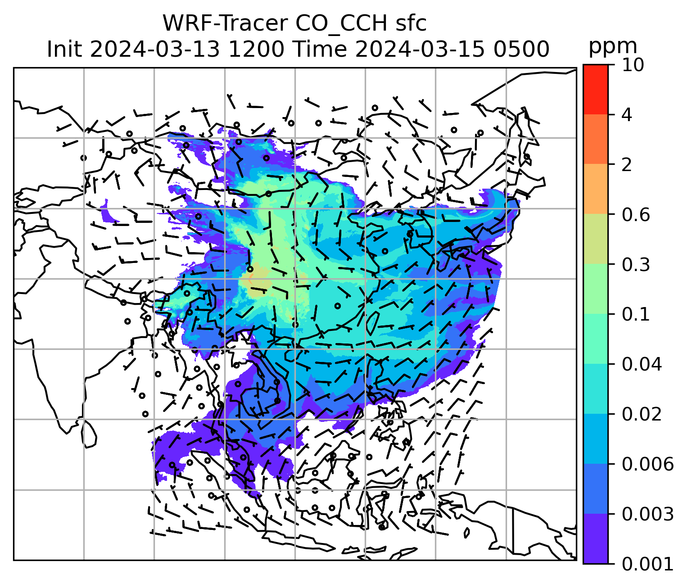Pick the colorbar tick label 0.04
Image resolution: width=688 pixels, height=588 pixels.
coord(642,364)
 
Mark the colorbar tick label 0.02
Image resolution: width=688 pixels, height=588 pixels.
coord(642,414)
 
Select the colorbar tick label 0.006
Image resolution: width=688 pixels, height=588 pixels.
coord(647,464)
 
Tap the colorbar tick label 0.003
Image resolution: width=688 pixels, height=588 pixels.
coord(647,514)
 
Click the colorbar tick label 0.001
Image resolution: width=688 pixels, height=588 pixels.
coord(647,564)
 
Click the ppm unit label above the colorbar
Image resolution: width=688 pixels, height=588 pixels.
coord(613,46)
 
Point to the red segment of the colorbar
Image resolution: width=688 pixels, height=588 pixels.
coord(595,89)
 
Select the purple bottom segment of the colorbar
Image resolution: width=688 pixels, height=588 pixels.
coord(595,538)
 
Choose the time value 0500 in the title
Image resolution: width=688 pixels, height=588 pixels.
coord(521,49)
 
